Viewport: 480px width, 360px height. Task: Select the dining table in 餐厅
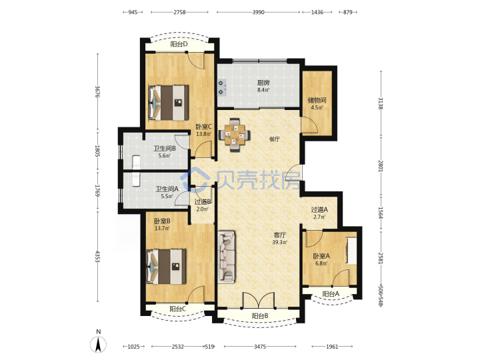tap(235, 135)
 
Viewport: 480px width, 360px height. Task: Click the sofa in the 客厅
tap(227, 257)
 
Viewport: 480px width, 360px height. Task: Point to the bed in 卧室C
tap(168, 102)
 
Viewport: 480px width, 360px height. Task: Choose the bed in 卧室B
tap(167, 267)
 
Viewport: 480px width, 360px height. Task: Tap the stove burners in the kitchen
tap(222, 87)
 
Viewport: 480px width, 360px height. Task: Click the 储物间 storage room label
tap(317, 100)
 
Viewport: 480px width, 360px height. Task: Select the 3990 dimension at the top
tap(259, 12)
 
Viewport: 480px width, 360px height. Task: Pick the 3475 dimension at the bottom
tap(260, 347)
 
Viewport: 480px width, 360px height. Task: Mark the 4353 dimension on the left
tap(97, 257)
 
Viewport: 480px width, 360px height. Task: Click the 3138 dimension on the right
tap(381, 103)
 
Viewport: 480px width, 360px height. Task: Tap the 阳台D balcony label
tap(179, 45)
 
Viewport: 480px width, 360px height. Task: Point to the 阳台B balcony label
tap(260, 315)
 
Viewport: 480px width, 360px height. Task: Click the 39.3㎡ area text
tap(280, 243)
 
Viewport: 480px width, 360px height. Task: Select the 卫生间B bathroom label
tap(165, 149)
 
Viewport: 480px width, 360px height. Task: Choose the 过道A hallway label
tap(319, 210)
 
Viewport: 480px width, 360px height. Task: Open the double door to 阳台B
tap(259, 300)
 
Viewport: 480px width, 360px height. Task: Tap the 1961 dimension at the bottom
tap(332, 347)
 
